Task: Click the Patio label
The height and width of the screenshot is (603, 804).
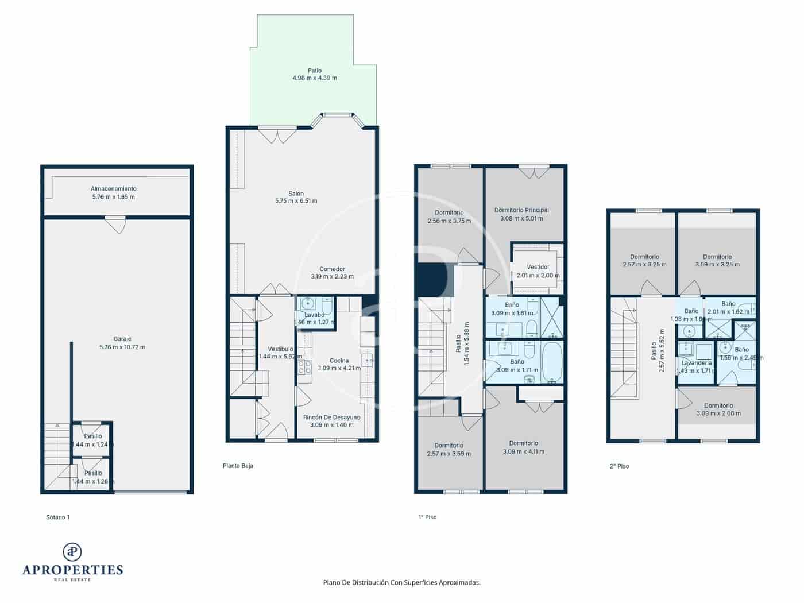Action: coord(314,71)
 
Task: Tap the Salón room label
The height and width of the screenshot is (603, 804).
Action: coord(296,194)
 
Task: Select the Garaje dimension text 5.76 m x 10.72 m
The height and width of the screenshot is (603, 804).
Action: coord(122,347)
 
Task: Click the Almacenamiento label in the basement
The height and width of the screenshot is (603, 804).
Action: coord(113,188)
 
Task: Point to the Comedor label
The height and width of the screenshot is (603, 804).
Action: coord(332,269)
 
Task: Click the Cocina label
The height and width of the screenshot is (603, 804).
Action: coord(339,361)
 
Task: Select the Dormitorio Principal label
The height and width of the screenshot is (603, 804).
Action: coord(521,210)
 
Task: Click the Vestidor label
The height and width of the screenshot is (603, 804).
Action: coord(538,267)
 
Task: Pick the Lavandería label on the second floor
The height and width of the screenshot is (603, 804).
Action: coord(696,363)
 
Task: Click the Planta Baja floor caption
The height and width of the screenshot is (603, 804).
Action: coord(238,466)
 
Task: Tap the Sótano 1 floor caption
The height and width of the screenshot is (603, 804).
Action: coord(57,517)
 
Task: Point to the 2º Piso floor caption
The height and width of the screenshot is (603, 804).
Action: coord(619,466)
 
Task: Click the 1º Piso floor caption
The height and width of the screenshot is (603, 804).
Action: coord(427,517)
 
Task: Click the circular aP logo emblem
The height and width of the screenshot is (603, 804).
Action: coord(72,552)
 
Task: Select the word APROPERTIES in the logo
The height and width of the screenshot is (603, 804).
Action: coord(72,570)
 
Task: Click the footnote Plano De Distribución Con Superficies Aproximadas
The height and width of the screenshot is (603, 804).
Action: coord(401,582)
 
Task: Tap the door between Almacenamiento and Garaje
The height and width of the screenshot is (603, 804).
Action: coord(115,224)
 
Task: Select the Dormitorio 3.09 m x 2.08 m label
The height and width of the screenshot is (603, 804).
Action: coord(718,405)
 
